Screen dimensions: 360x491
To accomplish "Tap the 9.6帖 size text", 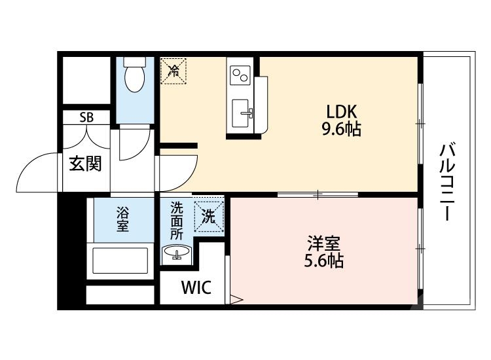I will coord(340,129).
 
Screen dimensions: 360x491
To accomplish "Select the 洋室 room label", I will coord(323,243).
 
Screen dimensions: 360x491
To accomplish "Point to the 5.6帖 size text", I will coord(323,261).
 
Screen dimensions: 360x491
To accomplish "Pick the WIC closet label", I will coord(196,287).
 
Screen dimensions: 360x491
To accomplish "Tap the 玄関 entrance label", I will coord(86,163).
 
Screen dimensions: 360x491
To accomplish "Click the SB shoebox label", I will coord(86,118).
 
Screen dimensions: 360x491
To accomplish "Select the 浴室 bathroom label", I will coord(123,219).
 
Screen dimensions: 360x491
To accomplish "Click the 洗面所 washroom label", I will coord(177,221).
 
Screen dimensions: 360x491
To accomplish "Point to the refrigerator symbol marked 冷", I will coord(174,70).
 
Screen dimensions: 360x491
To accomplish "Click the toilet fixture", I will coord(135,75).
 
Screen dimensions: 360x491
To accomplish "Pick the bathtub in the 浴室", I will coord(122,259).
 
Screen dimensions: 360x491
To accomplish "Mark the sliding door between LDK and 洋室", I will coord(318,194).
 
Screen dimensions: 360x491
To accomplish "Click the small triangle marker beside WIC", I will coord(236,301).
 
